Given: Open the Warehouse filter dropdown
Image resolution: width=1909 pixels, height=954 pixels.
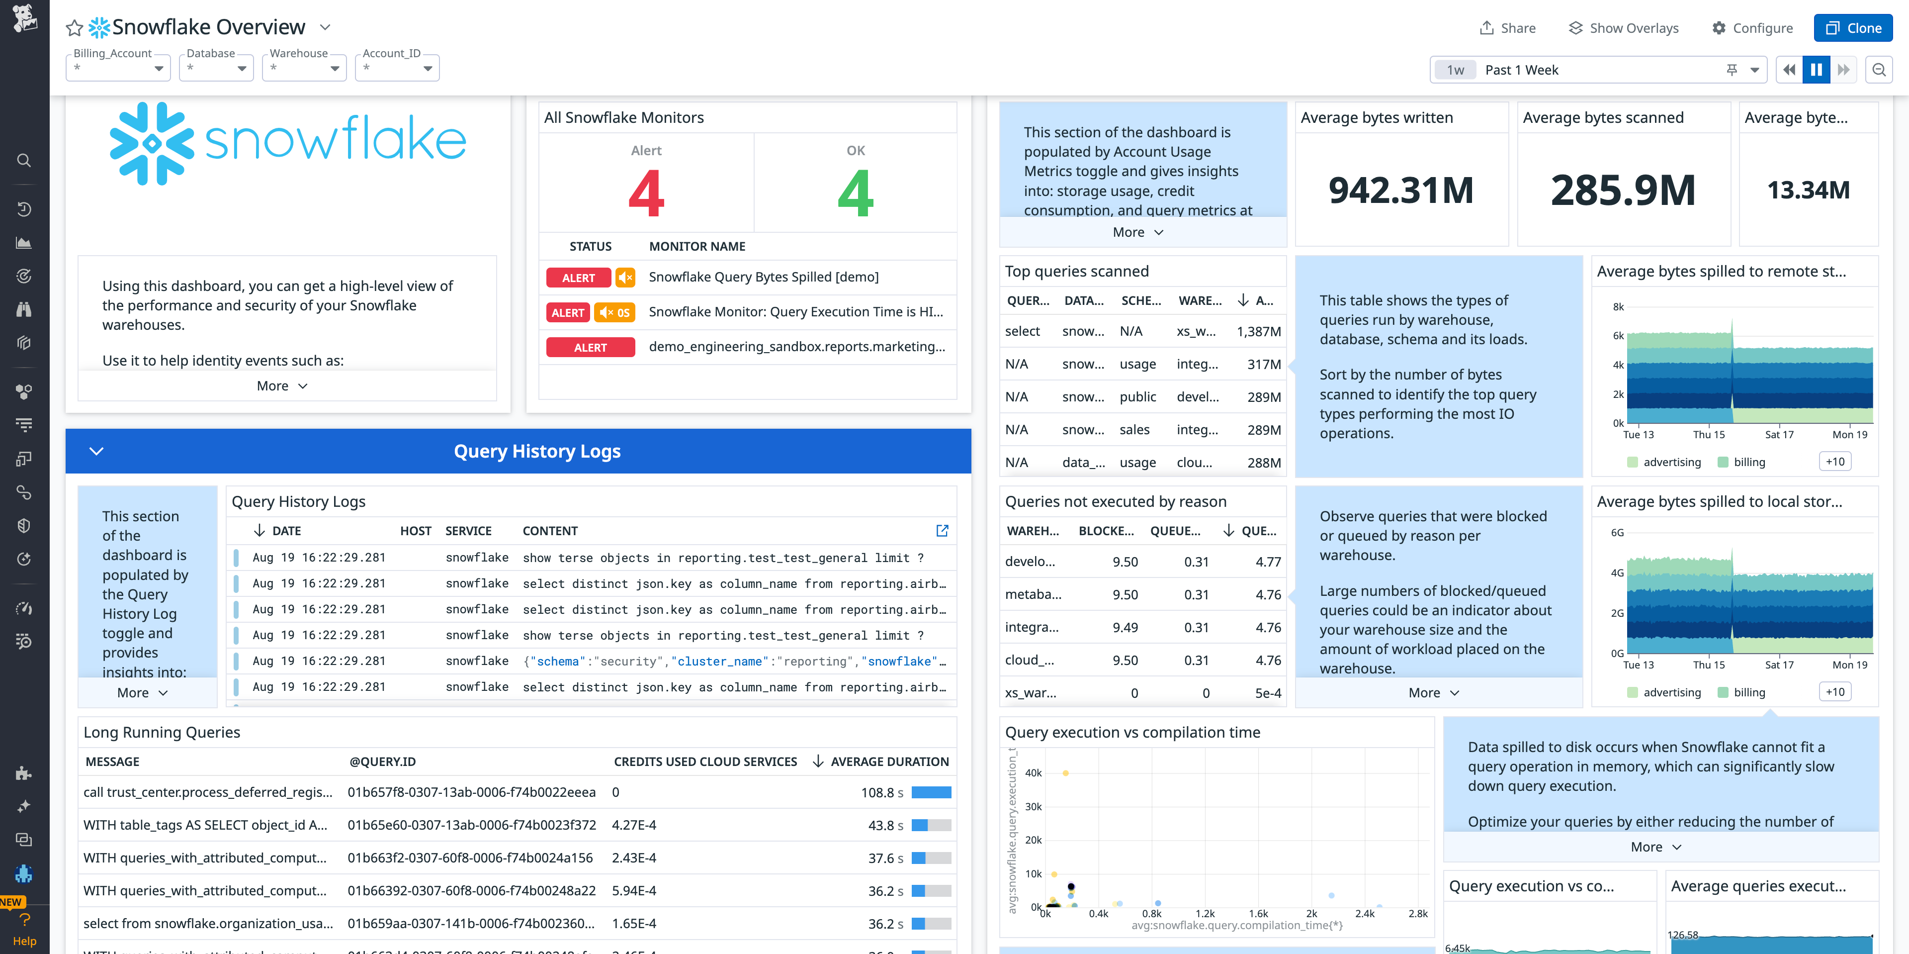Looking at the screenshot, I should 304,68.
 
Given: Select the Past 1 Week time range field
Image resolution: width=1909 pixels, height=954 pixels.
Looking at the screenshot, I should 1593,70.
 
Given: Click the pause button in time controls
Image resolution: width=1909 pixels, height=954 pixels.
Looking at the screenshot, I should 1816,70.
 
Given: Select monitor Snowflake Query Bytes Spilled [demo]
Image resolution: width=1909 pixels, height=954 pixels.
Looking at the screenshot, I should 763,277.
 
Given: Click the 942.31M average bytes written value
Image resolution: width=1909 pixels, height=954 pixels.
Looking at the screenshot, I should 1400,190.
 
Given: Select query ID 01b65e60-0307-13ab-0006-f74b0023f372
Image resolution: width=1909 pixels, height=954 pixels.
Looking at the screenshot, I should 471,825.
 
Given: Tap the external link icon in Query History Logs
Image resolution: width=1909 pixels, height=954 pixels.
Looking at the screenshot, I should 942,531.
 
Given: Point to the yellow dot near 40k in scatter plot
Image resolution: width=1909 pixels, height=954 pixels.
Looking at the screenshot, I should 1065,773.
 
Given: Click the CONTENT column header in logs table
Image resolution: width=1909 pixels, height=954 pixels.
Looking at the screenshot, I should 549,531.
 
